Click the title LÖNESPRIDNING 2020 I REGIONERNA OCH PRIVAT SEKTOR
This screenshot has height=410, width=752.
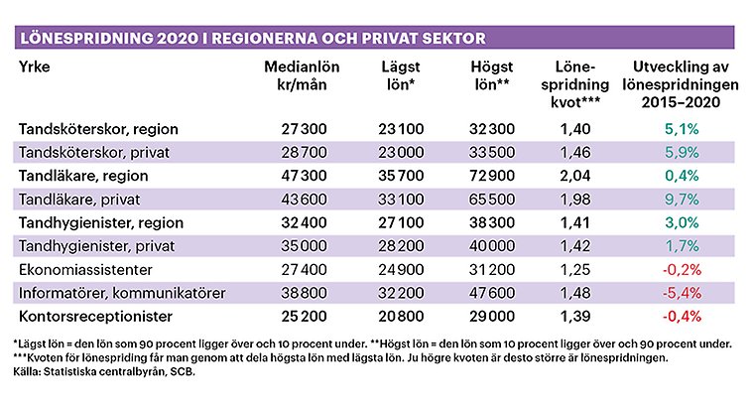click(x=253, y=38)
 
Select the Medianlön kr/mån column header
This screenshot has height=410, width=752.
click(x=302, y=75)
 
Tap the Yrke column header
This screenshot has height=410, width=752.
click(x=35, y=67)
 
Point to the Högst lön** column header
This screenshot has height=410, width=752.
click(x=492, y=75)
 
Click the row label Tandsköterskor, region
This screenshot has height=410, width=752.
click(x=98, y=129)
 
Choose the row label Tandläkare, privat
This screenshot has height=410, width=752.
click(x=79, y=200)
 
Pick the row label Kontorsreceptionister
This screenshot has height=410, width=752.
click(x=95, y=317)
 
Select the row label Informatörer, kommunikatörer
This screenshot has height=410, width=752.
click(x=122, y=293)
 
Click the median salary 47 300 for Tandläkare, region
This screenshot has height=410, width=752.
click(x=304, y=176)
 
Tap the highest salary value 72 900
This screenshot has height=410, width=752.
click(x=492, y=176)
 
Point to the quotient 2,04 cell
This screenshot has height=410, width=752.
click(x=575, y=176)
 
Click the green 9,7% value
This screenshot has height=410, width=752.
click(x=682, y=200)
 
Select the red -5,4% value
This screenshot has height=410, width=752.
click(x=682, y=293)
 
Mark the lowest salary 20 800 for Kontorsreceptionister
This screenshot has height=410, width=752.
click(x=401, y=317)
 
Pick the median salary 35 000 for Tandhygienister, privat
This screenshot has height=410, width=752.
click(x=304, y=246)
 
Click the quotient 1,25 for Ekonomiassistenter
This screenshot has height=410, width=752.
click(x=575, y=269)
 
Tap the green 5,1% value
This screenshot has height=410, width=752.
click(x=682, y=129)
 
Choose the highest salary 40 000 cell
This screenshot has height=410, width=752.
click(x=492, y=246)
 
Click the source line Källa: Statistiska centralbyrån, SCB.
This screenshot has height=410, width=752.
click(x=104, y=371)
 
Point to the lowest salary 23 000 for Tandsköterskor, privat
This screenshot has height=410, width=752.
click(x=401, y=153)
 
